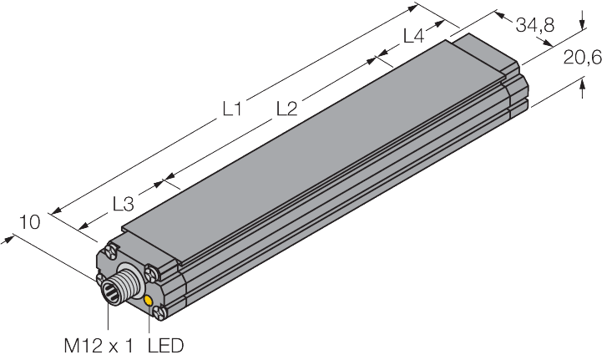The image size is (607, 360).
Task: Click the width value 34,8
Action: click(534, 25)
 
